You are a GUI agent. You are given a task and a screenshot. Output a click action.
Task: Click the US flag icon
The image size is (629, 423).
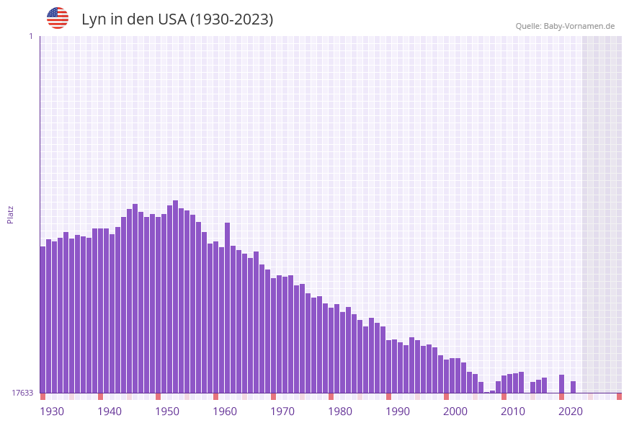(x=58, y=18)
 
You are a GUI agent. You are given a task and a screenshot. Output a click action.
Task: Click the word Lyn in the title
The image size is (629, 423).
(x=94, y=19)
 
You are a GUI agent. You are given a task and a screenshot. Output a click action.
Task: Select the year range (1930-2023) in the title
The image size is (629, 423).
(x=231, y=19)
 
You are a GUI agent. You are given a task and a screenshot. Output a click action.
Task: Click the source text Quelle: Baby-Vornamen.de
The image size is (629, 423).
(x=565, y=26)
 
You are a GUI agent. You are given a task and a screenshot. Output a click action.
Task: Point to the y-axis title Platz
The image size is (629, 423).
(x=11, y=214)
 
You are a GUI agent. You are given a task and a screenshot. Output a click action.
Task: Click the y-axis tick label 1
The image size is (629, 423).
(x=31, y=36)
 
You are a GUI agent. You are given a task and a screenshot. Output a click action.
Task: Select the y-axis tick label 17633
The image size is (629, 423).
(x=22, y=393)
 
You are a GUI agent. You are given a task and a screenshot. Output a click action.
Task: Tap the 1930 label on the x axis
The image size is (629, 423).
(x=52, y=411)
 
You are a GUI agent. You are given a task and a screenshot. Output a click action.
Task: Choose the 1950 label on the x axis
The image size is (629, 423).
(x=167, y=411)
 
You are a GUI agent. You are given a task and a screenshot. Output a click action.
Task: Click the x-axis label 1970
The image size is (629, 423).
(x=282, y=411)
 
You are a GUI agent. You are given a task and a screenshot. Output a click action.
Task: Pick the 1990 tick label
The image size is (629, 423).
(x=398, y=411)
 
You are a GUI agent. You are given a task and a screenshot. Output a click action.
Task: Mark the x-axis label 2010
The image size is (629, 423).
(x=513, y=411)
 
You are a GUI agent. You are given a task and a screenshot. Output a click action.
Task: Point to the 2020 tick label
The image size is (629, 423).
(x=571, y=411)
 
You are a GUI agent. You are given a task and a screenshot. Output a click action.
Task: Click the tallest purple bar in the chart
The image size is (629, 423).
(x=175, y=295)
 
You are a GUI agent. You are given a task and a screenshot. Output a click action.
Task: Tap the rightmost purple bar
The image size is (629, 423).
(x=573, y=387)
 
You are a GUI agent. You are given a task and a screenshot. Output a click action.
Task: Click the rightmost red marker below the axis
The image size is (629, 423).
(x=619, y=396)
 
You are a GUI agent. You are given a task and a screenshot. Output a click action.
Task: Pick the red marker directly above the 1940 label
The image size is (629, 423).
(x=100, y=396)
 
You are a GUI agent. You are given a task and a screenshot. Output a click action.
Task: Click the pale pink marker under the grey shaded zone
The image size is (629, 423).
(x=590, y=396)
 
